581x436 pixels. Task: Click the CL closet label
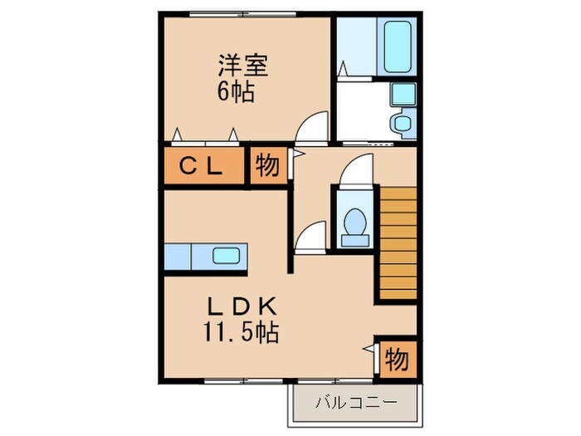(x=202, y=166)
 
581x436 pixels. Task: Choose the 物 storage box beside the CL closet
(x=267, y=166)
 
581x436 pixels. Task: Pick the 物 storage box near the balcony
(x=396, y=360)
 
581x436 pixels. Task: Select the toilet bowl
(x=354, y=224)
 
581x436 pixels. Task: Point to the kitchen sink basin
(x=226, y=256)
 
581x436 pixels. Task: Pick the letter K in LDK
(x=267, y=306)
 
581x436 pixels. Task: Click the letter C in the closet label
(x=188, y=166)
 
